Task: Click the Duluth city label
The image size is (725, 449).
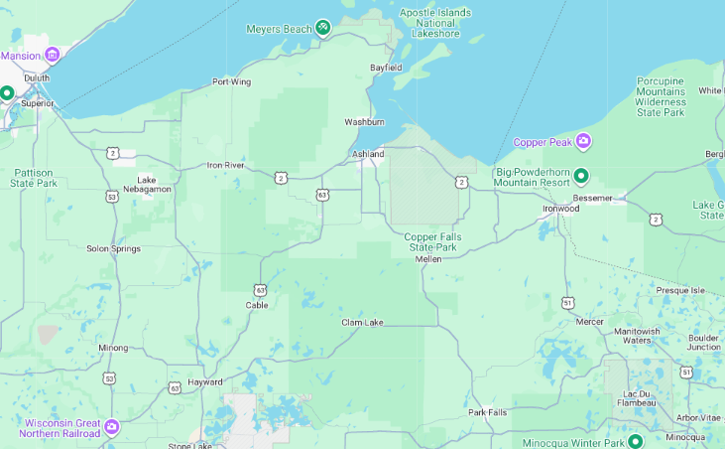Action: tap(37, 77)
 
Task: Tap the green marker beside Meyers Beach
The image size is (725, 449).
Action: tap(322, 28)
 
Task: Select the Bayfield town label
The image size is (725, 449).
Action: tap(386, 68)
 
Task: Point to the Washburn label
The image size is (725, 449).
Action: tap(364, 121)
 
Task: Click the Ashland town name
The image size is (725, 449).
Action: tap(368, 154)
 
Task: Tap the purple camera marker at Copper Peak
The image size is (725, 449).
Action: tap(583, 142)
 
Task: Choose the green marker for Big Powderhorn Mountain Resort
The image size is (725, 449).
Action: tap(581, 177)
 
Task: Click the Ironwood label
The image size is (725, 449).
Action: tap(560, 209)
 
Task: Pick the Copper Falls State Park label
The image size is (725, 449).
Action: tap(434, 241)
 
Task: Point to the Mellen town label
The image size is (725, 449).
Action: tap(428, 258)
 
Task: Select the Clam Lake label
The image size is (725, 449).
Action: tap(362, 323)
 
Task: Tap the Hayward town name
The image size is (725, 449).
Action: tap(205, 381)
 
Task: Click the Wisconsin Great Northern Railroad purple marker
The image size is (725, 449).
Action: tap(111, 427)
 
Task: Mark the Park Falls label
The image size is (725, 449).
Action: tap(488, 412)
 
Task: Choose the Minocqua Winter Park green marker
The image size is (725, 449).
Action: tap(635, 441)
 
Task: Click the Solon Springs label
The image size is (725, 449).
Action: tap(113, 248)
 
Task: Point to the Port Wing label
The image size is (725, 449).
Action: tap(231, 81)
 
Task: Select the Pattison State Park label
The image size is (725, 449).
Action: tap(35, 178)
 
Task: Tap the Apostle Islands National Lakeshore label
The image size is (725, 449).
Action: tap(436, 23)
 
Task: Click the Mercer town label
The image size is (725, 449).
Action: tap(589, 321)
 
